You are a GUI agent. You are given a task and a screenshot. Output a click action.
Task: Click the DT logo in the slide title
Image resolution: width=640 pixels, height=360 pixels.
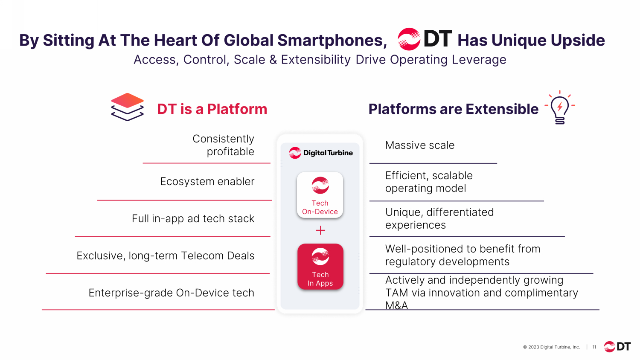(425, 39)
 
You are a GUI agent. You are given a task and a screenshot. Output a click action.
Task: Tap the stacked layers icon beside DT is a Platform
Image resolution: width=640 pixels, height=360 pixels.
(127, 107)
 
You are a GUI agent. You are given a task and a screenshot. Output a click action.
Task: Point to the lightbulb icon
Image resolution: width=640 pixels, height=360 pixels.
(560, 107)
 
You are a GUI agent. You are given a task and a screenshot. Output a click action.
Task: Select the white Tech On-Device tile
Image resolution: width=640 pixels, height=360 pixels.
(320, 195)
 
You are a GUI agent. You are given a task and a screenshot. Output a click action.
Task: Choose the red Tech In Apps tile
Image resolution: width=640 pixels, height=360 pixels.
(320, 267)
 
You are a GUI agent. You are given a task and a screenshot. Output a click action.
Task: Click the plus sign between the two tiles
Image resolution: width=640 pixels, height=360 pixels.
(320, 230)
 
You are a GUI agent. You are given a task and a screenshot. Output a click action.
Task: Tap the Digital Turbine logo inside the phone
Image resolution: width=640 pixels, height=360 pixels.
(320, 153)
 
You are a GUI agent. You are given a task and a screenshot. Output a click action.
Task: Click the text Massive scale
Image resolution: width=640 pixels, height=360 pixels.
(420, 145)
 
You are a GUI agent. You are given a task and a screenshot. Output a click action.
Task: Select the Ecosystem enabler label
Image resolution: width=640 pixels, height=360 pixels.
(207, 181)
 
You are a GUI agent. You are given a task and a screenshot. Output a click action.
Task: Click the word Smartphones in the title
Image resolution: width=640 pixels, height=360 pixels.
(332, 40)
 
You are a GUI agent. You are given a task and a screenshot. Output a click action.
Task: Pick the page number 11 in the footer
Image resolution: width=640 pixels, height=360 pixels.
(594, 347)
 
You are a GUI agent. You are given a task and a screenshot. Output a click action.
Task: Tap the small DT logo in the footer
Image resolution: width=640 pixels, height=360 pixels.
(617, 347)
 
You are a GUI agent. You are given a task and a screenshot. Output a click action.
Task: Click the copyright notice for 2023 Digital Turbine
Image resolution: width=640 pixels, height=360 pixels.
(551, 347)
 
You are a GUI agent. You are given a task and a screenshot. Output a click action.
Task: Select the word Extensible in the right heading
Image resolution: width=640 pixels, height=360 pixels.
(502, 109)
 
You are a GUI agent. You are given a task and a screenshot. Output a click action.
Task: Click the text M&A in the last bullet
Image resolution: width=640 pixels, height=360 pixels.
(396, 305)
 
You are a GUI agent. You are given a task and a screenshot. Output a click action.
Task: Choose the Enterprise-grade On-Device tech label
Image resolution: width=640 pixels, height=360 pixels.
(171, 293)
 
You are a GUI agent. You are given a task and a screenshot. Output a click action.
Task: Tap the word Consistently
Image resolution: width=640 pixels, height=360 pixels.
(223, 139)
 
